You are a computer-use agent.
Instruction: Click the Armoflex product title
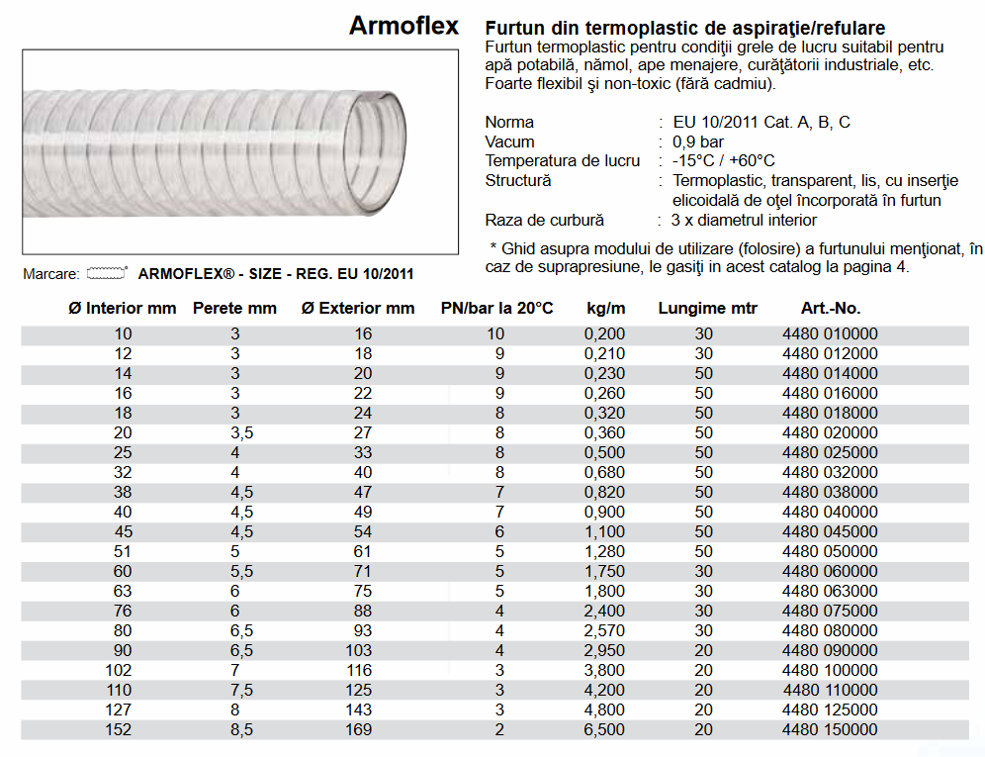click(x=403, y=27)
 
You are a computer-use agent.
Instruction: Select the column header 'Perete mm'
click(x=234, y=308)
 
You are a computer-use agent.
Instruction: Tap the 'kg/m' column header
click(x=605, y=308)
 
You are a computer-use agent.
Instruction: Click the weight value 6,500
click(x=605, y=730)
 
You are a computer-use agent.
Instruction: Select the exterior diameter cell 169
click(x=362, y=730)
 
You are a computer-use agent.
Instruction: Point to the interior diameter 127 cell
click(x=123, y=710)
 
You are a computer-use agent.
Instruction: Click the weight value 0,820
click(x=605, y=493)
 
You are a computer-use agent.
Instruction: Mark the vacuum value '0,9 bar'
click(x=698, y=142)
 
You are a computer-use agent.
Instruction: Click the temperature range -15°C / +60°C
click(x=723, y=161)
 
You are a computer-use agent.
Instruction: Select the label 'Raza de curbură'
click(x=544, y=221)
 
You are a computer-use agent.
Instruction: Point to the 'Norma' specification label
click(x=509, y=123)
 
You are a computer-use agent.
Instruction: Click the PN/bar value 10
click(x=494, y=334)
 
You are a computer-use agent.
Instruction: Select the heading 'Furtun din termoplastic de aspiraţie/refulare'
click(x=685, y=28)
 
